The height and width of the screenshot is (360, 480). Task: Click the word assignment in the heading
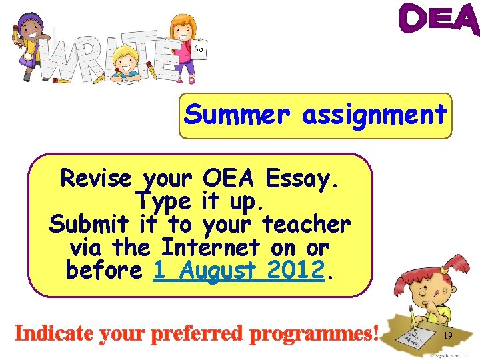374,115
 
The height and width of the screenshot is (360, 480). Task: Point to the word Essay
306,179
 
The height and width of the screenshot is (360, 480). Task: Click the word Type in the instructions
163,201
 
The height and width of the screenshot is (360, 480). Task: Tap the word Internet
210,247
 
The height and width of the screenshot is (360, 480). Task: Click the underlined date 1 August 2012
239,271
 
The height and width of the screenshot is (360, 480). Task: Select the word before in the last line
104,271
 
